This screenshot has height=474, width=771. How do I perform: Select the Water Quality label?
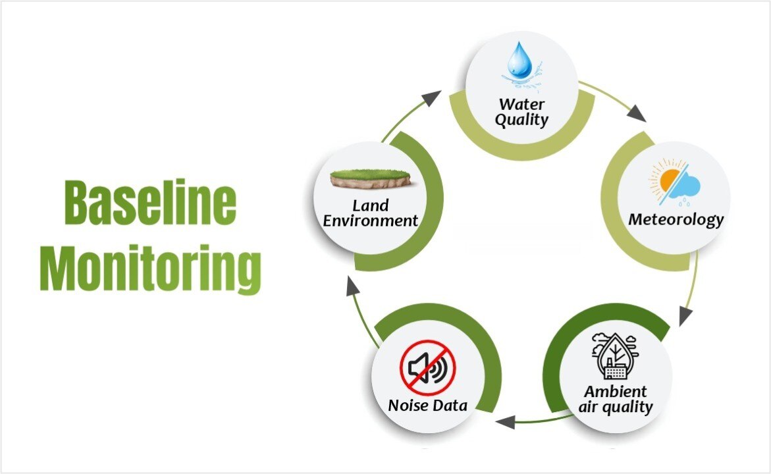coord(521,112)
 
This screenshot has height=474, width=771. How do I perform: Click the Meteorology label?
coord(676,219)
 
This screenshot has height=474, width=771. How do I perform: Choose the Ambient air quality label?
coord(616,400)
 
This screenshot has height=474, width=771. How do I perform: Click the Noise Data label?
coord(428,405)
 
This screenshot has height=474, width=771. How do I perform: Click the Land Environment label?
coord(370,213)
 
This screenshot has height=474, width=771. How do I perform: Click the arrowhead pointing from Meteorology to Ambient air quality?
coord(685,316)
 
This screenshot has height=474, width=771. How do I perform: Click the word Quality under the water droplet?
coord(521,120)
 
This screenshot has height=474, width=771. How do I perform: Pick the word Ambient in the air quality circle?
coord(616,392)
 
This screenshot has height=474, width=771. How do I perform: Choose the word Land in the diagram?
coord(370,205)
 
